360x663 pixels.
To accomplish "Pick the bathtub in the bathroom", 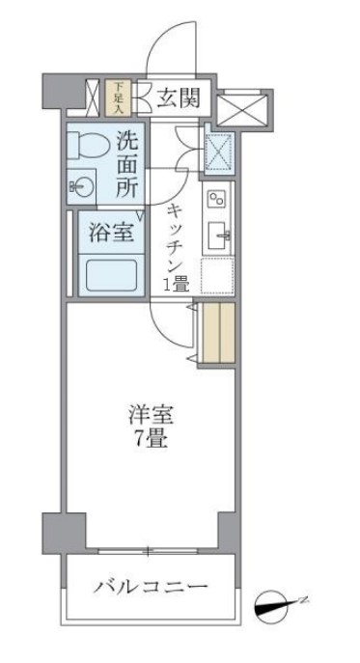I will point(112,274).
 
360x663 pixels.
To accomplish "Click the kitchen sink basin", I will point(218,233).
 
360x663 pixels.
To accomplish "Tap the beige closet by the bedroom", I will point(217,334).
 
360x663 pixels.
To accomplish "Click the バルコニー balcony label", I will point(151,587).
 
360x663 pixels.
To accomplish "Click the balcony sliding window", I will point(148,552).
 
